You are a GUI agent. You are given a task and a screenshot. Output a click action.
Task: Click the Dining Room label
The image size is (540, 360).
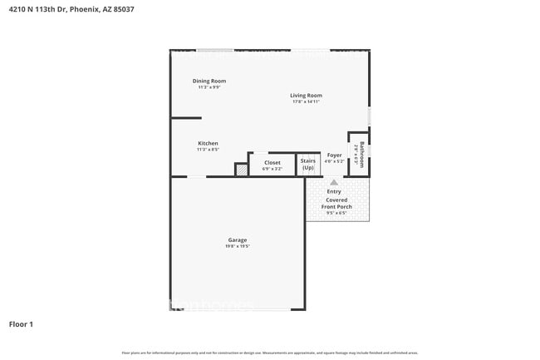pos(209,81)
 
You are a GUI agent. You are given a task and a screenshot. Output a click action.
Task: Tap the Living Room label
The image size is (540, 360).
pos(306,96)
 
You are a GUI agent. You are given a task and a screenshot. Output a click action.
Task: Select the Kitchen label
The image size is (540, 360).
pos(208,144)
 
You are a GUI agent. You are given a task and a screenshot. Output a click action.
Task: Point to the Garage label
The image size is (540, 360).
pos(238,240)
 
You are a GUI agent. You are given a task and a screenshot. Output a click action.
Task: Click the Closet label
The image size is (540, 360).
pos(272,162)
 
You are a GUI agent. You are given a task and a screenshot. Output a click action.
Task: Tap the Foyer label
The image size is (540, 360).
pos(334,155)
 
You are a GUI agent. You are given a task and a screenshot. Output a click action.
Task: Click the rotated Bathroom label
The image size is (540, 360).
pos(361,154)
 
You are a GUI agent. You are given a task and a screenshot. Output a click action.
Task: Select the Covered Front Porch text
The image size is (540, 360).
pos(337,203)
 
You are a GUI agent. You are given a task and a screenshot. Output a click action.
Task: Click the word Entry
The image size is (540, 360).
pos(333,192)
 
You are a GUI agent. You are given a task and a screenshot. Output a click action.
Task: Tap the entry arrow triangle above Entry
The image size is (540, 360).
pos(333,181)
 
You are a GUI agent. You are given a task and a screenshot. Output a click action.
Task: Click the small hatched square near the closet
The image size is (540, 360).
pos(241,169)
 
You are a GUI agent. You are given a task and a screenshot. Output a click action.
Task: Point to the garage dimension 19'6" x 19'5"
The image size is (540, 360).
pos(238,246)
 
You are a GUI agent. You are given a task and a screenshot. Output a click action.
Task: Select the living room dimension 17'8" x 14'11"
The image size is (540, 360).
pos(306,101)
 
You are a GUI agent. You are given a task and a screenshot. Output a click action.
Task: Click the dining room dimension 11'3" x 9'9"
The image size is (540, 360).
pos(209,86)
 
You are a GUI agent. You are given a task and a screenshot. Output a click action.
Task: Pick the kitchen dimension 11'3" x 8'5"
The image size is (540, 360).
pos(208,150)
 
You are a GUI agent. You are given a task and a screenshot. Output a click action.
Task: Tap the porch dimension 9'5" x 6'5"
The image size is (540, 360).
pos(337,213)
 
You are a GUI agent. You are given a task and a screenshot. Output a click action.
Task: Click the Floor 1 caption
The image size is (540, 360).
pos(21,323)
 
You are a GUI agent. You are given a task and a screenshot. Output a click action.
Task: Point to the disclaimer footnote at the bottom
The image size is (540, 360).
pos(270,353)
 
